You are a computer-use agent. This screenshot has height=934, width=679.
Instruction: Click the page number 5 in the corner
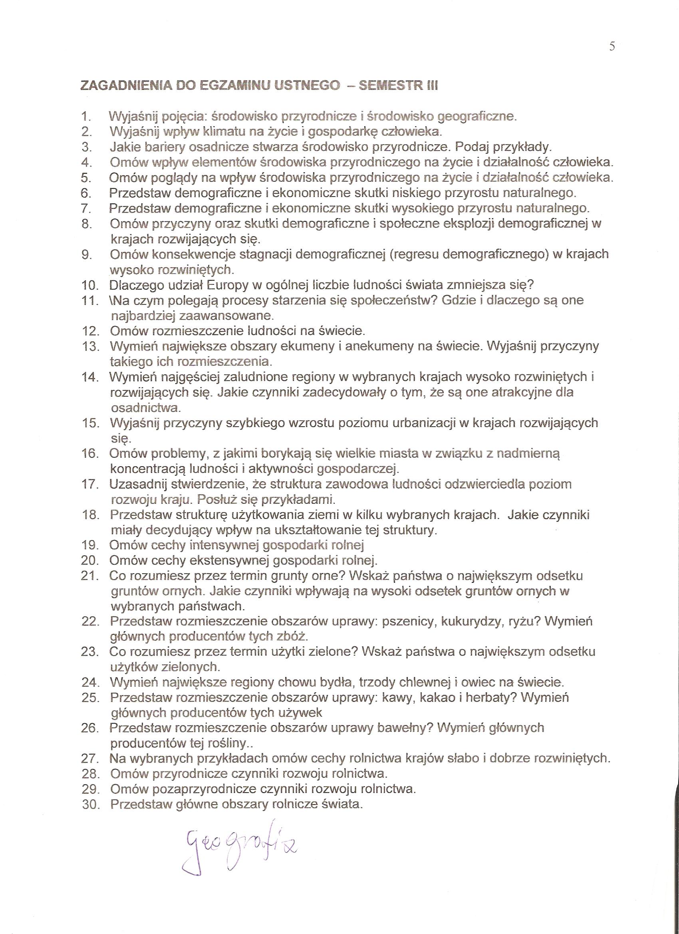tap(612, 46)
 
